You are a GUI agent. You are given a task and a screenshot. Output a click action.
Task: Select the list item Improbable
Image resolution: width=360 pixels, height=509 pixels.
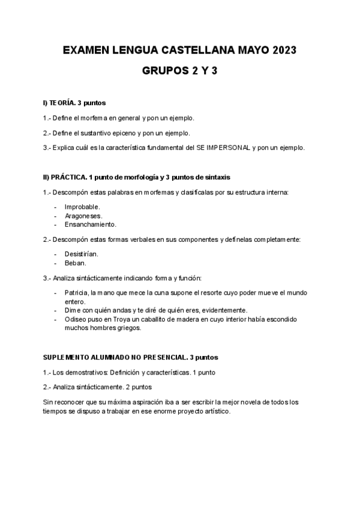(82, 206)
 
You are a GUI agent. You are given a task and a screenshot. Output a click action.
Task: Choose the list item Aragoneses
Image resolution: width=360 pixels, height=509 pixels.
(83, 215)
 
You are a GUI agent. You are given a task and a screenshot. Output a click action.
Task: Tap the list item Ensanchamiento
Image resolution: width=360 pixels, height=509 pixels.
(91, 224)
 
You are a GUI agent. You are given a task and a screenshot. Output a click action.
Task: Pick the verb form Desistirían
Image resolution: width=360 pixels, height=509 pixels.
(82, 254)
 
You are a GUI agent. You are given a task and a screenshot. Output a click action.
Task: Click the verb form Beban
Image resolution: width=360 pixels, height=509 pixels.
(76, 263)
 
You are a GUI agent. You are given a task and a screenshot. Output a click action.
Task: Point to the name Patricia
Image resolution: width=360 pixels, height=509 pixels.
(76, 292)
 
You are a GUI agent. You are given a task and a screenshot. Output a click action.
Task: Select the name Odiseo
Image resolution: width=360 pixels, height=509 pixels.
(75, 319)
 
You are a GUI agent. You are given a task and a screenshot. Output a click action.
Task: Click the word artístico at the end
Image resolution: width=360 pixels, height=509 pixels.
(214, 411)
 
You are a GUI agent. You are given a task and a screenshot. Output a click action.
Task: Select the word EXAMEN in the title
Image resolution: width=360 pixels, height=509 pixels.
(84, 52)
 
